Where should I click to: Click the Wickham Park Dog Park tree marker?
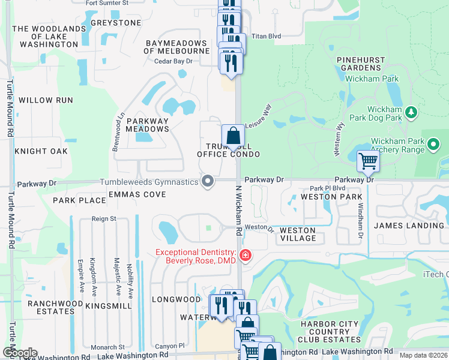click(x=411, y=112)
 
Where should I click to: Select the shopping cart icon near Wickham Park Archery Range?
click(x=367, y=160)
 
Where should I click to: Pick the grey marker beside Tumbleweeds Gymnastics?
click(x=208, y=181)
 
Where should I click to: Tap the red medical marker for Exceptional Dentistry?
click(x=245, y=256)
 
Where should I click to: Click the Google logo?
click(x=19, y=353)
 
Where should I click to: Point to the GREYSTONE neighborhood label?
click(x=115, y=23)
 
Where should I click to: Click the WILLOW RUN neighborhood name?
click(x=46, y=100)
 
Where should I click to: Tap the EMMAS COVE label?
click(x=137, y=194)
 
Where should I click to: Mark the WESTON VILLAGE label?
click(x=298, y=234)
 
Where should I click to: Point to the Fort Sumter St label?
click(x=107, y=3)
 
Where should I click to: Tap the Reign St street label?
click(x=104, y=220)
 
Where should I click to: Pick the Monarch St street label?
click(x=108, y=347)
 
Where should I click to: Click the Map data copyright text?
click(x=424, y=355)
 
